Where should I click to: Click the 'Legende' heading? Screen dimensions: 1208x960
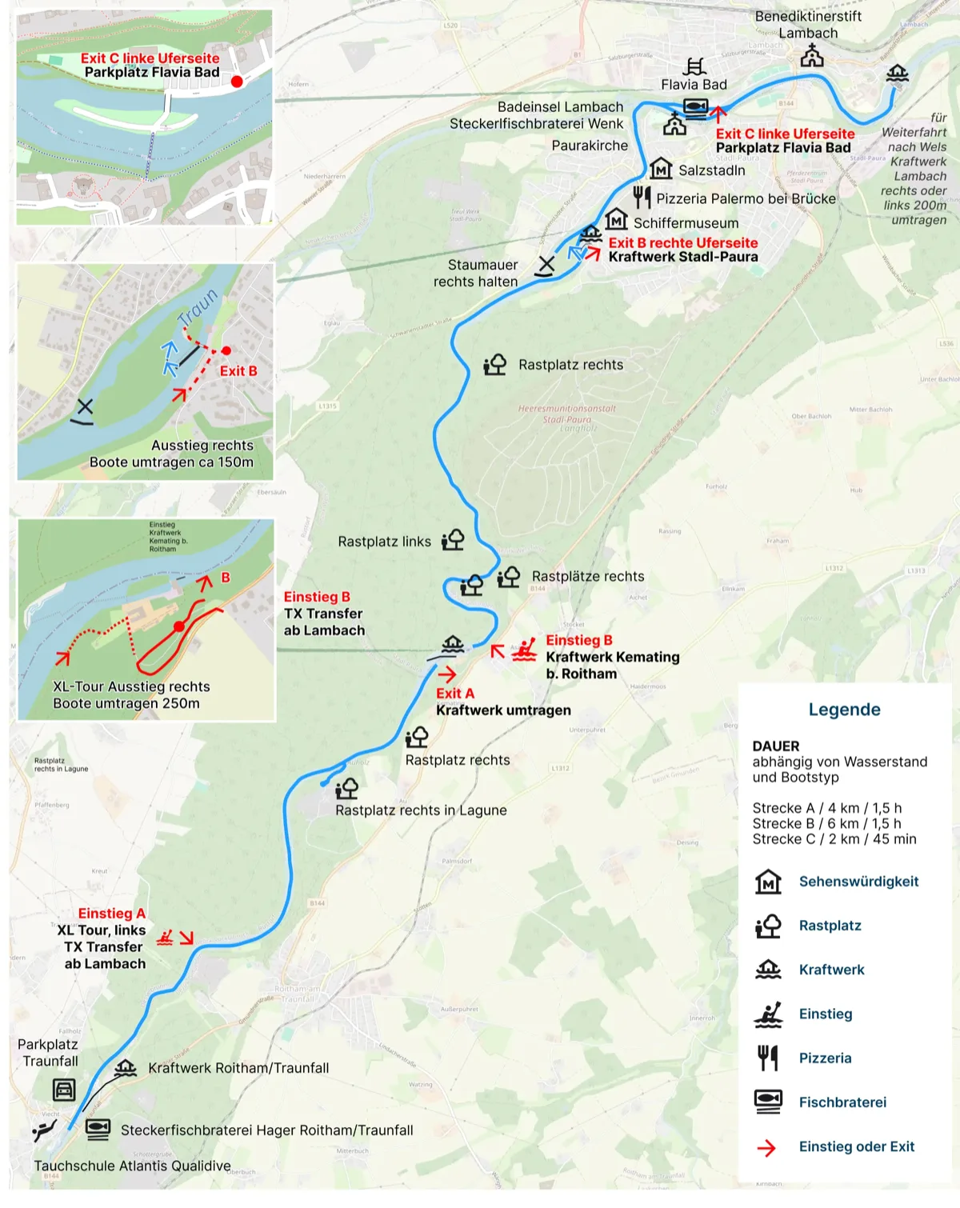point(844,710)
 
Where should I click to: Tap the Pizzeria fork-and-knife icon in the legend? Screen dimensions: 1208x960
point(768,1058)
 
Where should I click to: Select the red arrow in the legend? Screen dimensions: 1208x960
point(766,1148)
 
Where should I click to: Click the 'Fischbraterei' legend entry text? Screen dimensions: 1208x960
point(842,1102)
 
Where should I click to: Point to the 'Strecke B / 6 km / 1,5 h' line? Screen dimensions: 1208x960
point(826,823)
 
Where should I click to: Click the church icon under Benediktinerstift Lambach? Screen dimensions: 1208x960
point(812,55)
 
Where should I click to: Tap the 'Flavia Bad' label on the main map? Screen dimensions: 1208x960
point(694,85)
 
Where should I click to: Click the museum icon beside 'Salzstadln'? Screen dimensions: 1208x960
point(661,169)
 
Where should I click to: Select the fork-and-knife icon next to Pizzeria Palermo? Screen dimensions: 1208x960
point(642,197)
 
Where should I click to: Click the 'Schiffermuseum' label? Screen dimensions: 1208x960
point(686,223)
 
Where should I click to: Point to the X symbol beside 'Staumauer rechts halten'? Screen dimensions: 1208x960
point(546,265)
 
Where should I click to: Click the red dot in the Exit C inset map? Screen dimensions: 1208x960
point(237,82)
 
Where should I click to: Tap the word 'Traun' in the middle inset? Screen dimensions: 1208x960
point(197,307)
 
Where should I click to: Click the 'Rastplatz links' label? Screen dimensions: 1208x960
point(384,542)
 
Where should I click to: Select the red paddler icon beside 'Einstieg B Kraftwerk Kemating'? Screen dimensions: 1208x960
point(525,649)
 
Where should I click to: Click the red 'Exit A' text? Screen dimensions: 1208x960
point(454,694)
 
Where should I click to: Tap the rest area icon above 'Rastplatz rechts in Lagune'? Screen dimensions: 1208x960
point(346,789)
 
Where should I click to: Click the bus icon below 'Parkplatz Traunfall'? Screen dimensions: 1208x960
point(64,1090)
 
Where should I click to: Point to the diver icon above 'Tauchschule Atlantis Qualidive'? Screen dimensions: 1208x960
point(45,1130)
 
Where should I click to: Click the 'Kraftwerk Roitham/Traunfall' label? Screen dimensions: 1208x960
point(238,1068)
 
